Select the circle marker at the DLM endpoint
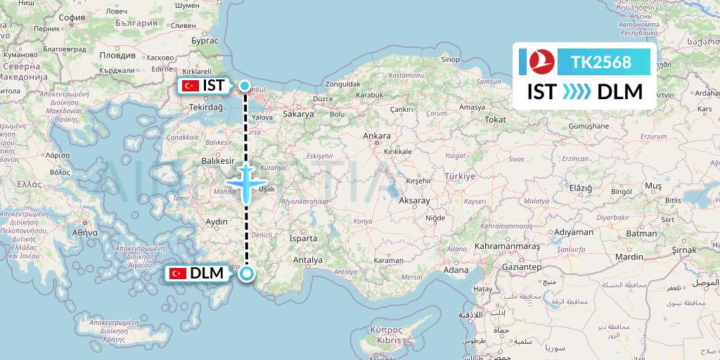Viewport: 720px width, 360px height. (246, 274)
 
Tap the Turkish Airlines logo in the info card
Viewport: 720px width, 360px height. (542, 63)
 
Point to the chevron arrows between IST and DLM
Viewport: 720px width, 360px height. (577, 92)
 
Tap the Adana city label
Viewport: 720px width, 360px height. (455, 270)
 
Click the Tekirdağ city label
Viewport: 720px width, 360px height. (205, 107)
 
